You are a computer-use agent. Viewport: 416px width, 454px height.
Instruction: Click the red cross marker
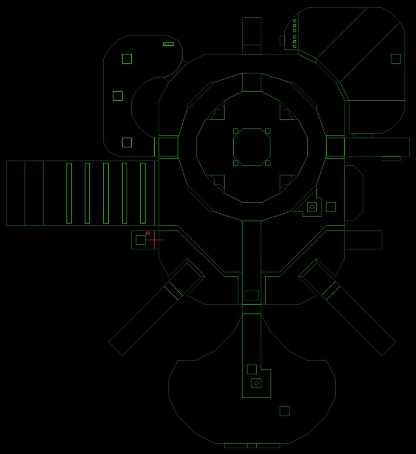point(154,240)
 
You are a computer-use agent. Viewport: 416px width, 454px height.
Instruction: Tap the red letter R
point(148,234)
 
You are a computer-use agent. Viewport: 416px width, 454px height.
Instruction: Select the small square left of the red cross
point(140,240)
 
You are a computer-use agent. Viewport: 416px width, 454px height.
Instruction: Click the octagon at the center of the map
point(252,147)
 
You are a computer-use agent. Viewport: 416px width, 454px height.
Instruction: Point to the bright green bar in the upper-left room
point(168,44)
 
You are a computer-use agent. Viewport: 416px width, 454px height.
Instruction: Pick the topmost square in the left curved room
point(127,59)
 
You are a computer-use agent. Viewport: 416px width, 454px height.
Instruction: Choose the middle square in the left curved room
point(118,96)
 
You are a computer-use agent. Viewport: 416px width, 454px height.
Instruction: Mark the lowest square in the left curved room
point(127,142)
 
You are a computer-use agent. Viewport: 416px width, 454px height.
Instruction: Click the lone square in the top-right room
point(396,59)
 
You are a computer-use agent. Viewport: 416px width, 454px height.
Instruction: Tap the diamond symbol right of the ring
point(312,207)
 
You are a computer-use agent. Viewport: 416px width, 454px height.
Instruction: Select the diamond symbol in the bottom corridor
point(256,383)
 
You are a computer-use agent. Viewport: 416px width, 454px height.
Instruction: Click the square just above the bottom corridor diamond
point(252,369)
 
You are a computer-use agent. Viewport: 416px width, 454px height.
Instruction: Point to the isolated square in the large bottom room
point(284,411)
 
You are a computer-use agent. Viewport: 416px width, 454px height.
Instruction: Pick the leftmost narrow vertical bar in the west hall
point(69,193)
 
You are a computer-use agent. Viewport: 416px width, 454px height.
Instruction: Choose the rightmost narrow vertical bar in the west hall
point(143,193)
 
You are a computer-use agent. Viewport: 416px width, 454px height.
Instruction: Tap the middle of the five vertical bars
point(106,193)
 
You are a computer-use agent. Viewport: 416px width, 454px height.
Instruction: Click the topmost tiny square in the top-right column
point(295,21)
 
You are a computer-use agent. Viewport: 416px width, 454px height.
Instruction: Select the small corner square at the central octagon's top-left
point(236,131)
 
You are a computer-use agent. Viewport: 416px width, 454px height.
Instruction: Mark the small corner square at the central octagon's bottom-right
point(268,163)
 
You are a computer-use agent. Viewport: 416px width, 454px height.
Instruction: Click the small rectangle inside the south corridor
point(252,295)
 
